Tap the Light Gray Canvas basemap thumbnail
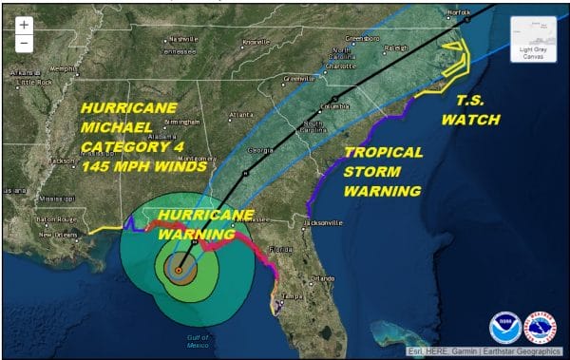(x=534, y=40)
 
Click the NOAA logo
(x=504, y=328)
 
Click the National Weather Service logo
(x=540, y=328)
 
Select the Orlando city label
(x=324, y=278)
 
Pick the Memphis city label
(x=65, y=68)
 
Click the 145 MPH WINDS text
(x=142, y=165)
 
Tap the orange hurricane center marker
(x=178, y=271)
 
